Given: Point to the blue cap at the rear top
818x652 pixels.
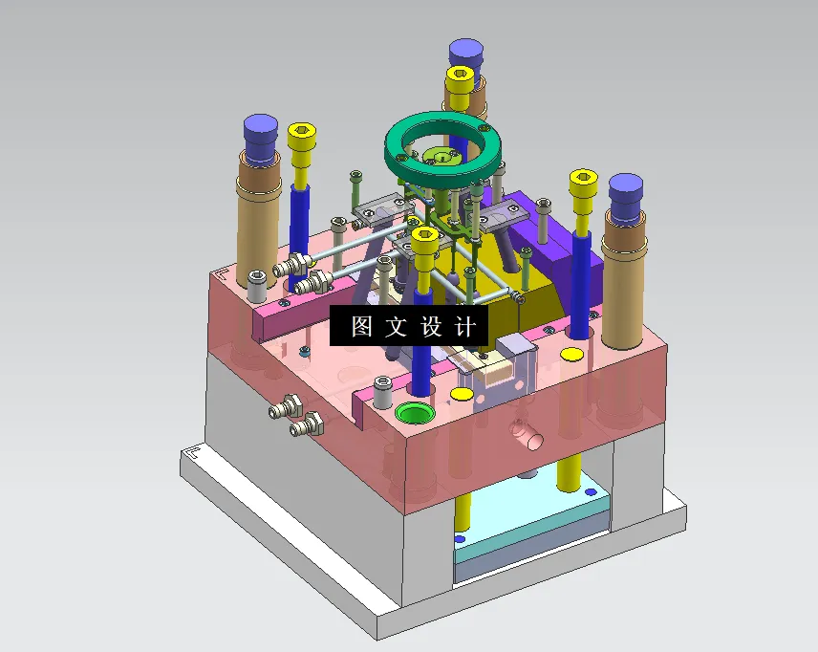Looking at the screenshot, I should [464, 53].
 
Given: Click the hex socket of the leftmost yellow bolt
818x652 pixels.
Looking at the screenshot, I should [302, 132].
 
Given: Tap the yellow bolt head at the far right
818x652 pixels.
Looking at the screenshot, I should [583, 180].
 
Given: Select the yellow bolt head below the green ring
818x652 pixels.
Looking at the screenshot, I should [425, 237].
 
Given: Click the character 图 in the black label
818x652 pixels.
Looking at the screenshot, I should [362, 327].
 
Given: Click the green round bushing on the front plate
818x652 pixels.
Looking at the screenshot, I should [414, 414].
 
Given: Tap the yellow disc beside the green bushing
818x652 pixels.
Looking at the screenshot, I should [461, 394].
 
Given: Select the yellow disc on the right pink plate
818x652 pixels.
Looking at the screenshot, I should [571, 355].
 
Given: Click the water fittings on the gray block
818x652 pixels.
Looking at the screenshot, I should [295, 416].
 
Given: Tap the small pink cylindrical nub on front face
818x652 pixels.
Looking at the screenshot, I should [526, 435].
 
